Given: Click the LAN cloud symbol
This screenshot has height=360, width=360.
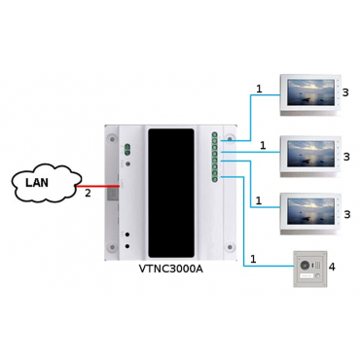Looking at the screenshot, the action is pos(46,182).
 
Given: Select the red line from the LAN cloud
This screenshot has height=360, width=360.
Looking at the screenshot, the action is pos(98,187).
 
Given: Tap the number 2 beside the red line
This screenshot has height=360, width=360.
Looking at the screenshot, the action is pos(88,194).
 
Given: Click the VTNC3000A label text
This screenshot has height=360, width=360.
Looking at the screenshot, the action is pos(170,269).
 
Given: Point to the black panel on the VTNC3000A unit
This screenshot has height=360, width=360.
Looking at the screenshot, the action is pos(171,193).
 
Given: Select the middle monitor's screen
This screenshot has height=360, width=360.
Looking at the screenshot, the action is pos(308,154).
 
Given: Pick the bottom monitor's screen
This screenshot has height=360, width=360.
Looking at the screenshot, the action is pos(309,211).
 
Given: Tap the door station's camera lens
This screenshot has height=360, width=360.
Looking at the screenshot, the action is pos(305,266).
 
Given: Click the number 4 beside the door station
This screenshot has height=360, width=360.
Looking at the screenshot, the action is pos(332,267).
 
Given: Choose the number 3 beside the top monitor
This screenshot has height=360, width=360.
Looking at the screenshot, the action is pos(345,92).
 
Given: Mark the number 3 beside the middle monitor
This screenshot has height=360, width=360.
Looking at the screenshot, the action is pos(346,157).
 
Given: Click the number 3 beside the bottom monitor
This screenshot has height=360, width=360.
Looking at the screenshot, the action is pos(347,214).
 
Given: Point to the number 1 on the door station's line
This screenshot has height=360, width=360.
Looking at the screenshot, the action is pos(253,259).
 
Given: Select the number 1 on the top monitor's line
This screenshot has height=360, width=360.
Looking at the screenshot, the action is pos(259,89).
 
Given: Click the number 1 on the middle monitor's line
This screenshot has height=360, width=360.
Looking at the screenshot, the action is pos(263,146).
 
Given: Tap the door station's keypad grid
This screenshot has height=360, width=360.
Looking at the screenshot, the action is pos(315,266).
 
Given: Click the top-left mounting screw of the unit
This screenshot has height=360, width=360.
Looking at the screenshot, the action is pos(112,139).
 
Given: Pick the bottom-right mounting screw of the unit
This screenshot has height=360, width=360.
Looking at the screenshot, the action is pos(230,247).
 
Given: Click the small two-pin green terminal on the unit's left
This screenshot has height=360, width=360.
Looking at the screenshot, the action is pos(127,149).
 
